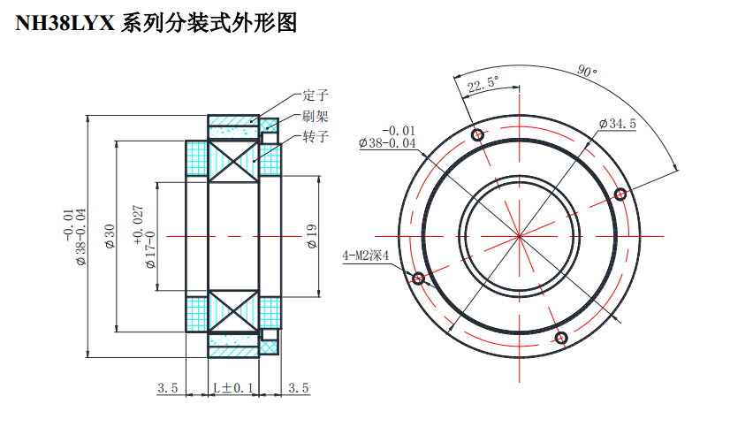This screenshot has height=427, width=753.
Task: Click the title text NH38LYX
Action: [65, 24]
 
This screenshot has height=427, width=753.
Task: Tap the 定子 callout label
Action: [316, 95]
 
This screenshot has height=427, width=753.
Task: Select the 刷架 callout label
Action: [316, 116]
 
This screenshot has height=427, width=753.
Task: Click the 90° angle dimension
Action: [587, 71]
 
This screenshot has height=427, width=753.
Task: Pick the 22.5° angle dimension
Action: [483, 85]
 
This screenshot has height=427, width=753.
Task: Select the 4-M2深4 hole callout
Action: [366, 256]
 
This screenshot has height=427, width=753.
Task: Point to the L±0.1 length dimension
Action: [232, 387]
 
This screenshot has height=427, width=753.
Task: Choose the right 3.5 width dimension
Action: [299, 387]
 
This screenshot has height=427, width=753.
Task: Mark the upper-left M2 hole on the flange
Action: [478, 135]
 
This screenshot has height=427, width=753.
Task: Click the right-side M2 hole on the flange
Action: [620, 194]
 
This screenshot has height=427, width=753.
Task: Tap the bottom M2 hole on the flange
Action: [560, 337]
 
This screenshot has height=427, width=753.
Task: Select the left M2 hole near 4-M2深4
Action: [418, 278]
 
